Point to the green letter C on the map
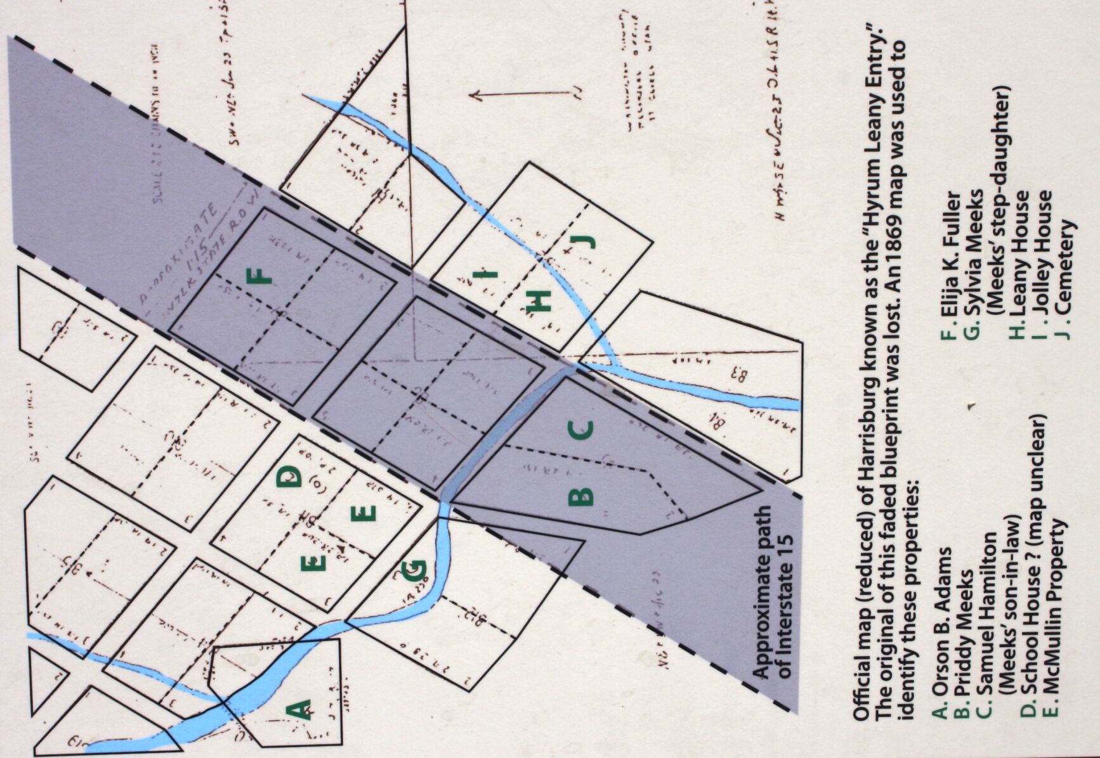(x=581, y=430)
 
